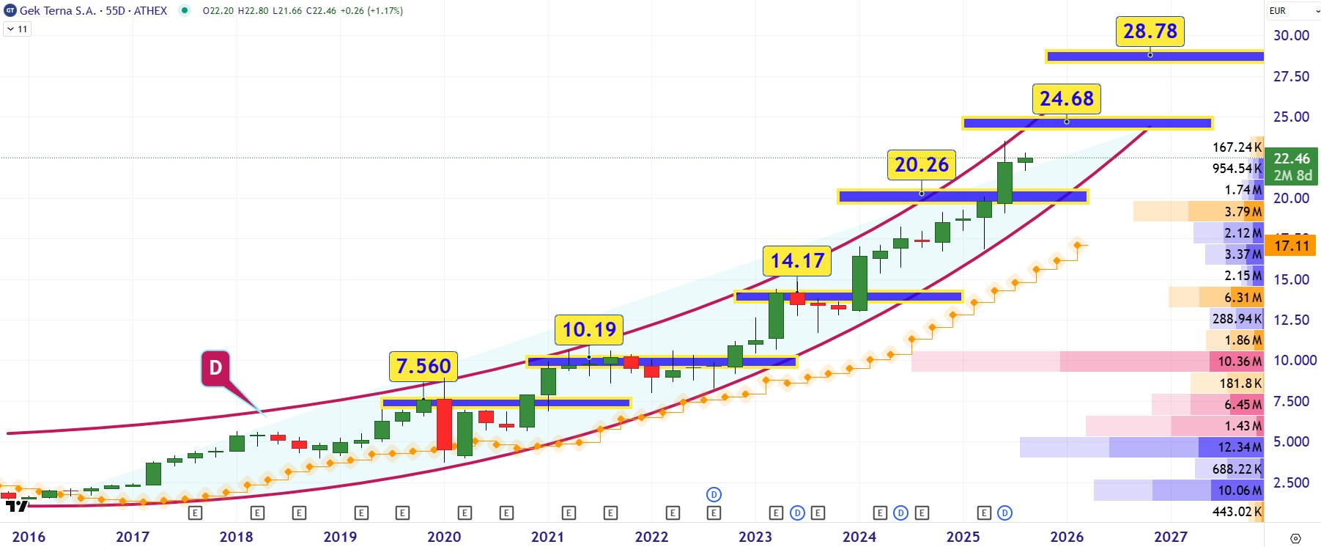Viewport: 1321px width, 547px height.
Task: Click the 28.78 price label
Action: coord(1150,32)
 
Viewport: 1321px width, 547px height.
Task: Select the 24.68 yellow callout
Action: coord(1066,99)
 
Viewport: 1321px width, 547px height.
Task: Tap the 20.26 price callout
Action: coord(921,165)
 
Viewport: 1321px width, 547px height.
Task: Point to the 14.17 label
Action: coord(797,261)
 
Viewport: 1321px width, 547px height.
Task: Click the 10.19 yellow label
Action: coord(589,330)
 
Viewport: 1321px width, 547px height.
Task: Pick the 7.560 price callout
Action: coord(423,367)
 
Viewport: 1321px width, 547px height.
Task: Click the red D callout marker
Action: coord(215,367)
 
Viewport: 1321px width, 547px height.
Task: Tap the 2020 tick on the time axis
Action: coord(444,537)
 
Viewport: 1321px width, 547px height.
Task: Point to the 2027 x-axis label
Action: coord(1170,537)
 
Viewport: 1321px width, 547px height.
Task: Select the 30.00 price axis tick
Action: coord(1291,35)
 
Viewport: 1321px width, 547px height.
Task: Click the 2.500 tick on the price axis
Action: coord(1291,482)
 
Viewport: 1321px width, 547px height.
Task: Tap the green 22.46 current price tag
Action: coord(1291,166)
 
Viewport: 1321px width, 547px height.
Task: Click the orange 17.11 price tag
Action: coord(1291,246)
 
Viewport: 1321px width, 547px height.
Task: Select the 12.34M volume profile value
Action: coord(1240,447)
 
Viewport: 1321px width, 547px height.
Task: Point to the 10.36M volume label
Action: coord(1240,361)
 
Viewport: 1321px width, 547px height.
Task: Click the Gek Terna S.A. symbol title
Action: coord(57,11)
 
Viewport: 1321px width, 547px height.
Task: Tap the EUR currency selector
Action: coord(1293,11)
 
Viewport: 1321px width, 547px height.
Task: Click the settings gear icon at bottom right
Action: coord(1295,538)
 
